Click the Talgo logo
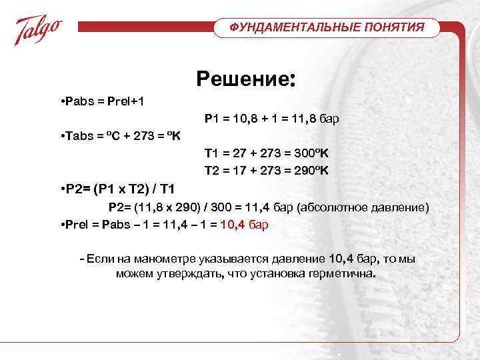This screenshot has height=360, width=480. [x=39, y=29]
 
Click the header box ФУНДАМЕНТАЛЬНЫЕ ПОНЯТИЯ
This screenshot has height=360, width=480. [x=327, y=28]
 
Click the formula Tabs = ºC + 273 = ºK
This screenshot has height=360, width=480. [x=121, y=137]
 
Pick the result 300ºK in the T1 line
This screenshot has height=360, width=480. [x=307, y=153]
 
